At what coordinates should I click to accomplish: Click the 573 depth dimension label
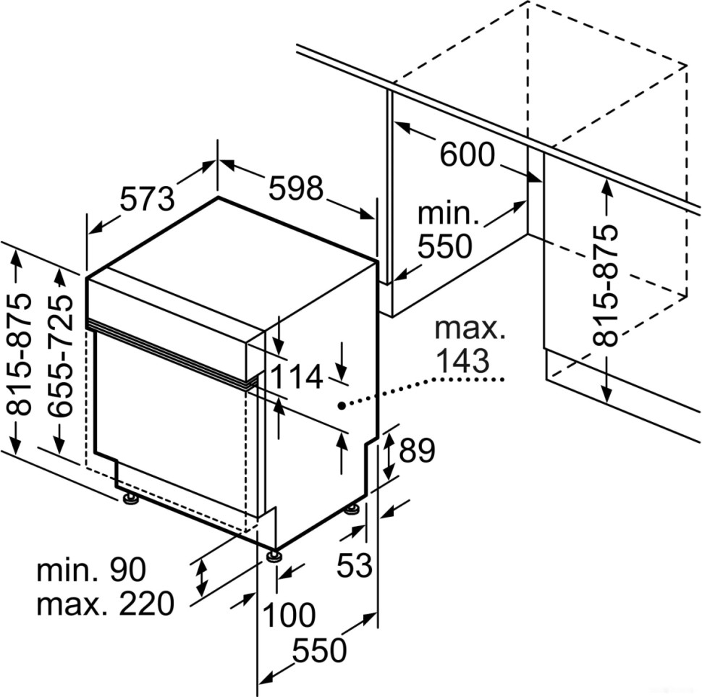coord(147,198)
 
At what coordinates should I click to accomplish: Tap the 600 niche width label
coord(467,154)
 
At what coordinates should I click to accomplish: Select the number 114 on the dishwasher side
coord(297,378)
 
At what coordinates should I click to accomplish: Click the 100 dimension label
coord(289,615)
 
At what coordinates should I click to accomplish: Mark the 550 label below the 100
coord(319,651)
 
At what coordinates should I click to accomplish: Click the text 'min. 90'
coord(91,570)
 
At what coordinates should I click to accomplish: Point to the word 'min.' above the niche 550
coord(449,214)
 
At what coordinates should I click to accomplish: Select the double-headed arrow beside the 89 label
coord(388,453)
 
